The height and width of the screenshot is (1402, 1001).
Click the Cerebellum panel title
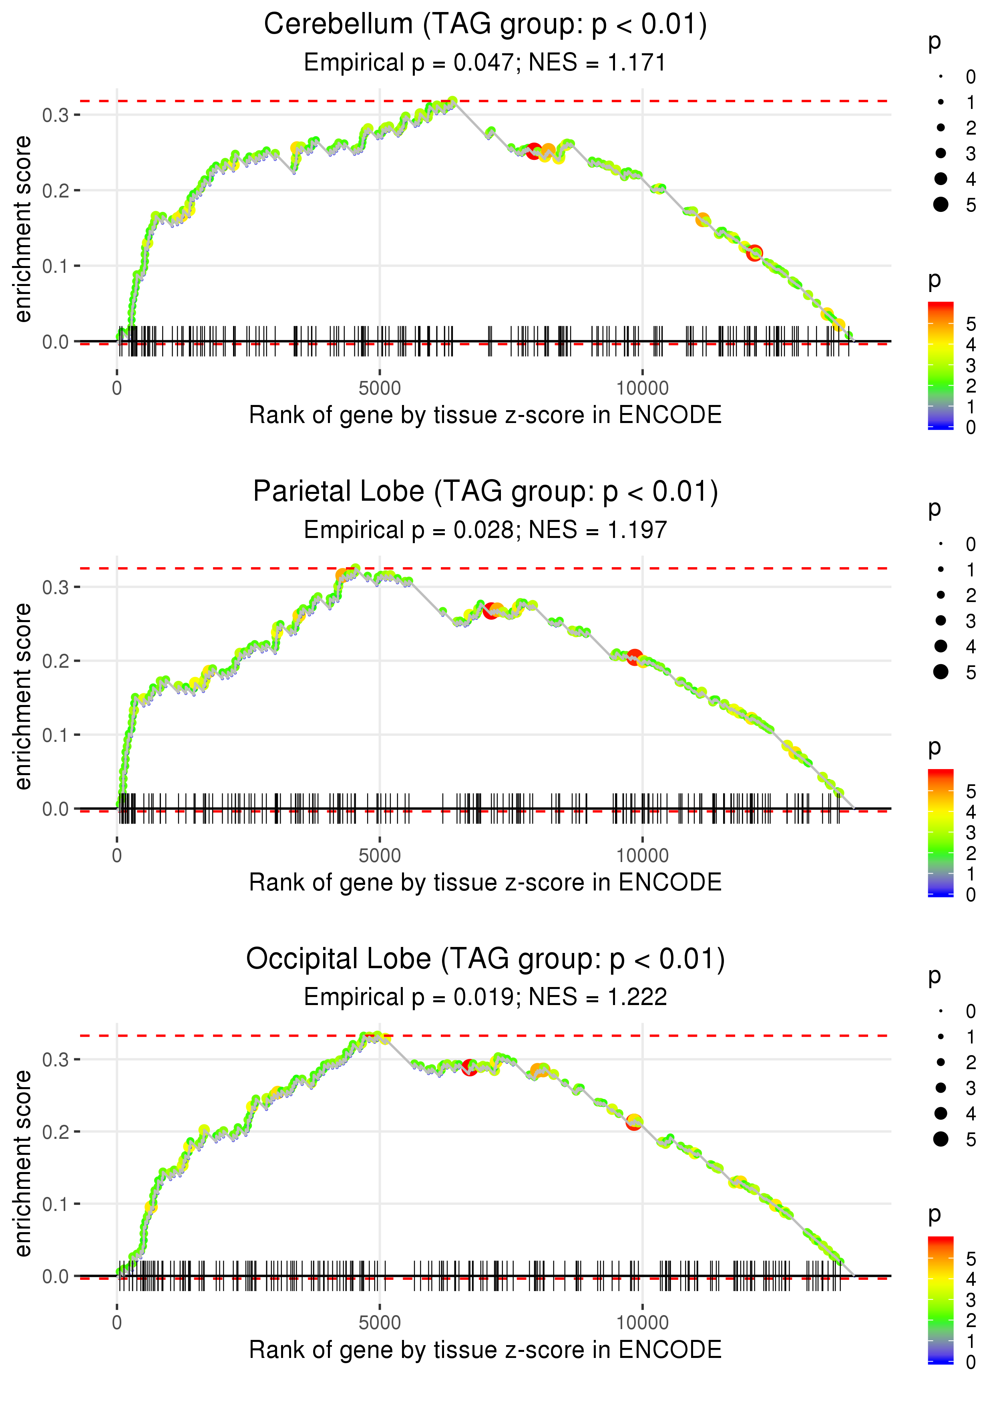[485, 25]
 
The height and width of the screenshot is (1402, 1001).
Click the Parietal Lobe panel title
[485, 492]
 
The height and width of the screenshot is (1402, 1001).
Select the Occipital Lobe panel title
[485, 959]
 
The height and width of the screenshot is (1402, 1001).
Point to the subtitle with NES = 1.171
[485, 63]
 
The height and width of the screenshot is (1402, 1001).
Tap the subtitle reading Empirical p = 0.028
[485, 530]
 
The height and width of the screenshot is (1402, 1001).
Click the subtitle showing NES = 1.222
[485, 997]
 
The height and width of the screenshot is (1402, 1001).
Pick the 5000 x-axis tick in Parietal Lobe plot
[379, 856]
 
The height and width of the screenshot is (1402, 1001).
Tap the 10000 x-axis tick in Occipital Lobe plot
[642, 1323]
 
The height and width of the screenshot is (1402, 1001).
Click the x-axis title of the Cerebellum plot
[485, 415]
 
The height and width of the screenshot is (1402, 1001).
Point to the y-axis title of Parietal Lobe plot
[23, 696]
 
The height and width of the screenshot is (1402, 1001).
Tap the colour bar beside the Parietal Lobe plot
[940, 832]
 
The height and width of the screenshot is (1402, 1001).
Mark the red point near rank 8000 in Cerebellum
[534, 151]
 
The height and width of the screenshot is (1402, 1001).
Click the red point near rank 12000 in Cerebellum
[754, 253]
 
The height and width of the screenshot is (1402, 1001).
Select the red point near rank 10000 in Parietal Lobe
[634, 657]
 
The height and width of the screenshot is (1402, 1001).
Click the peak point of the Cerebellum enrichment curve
[452, 101]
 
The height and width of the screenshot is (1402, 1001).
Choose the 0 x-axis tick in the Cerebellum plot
[117, 389]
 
